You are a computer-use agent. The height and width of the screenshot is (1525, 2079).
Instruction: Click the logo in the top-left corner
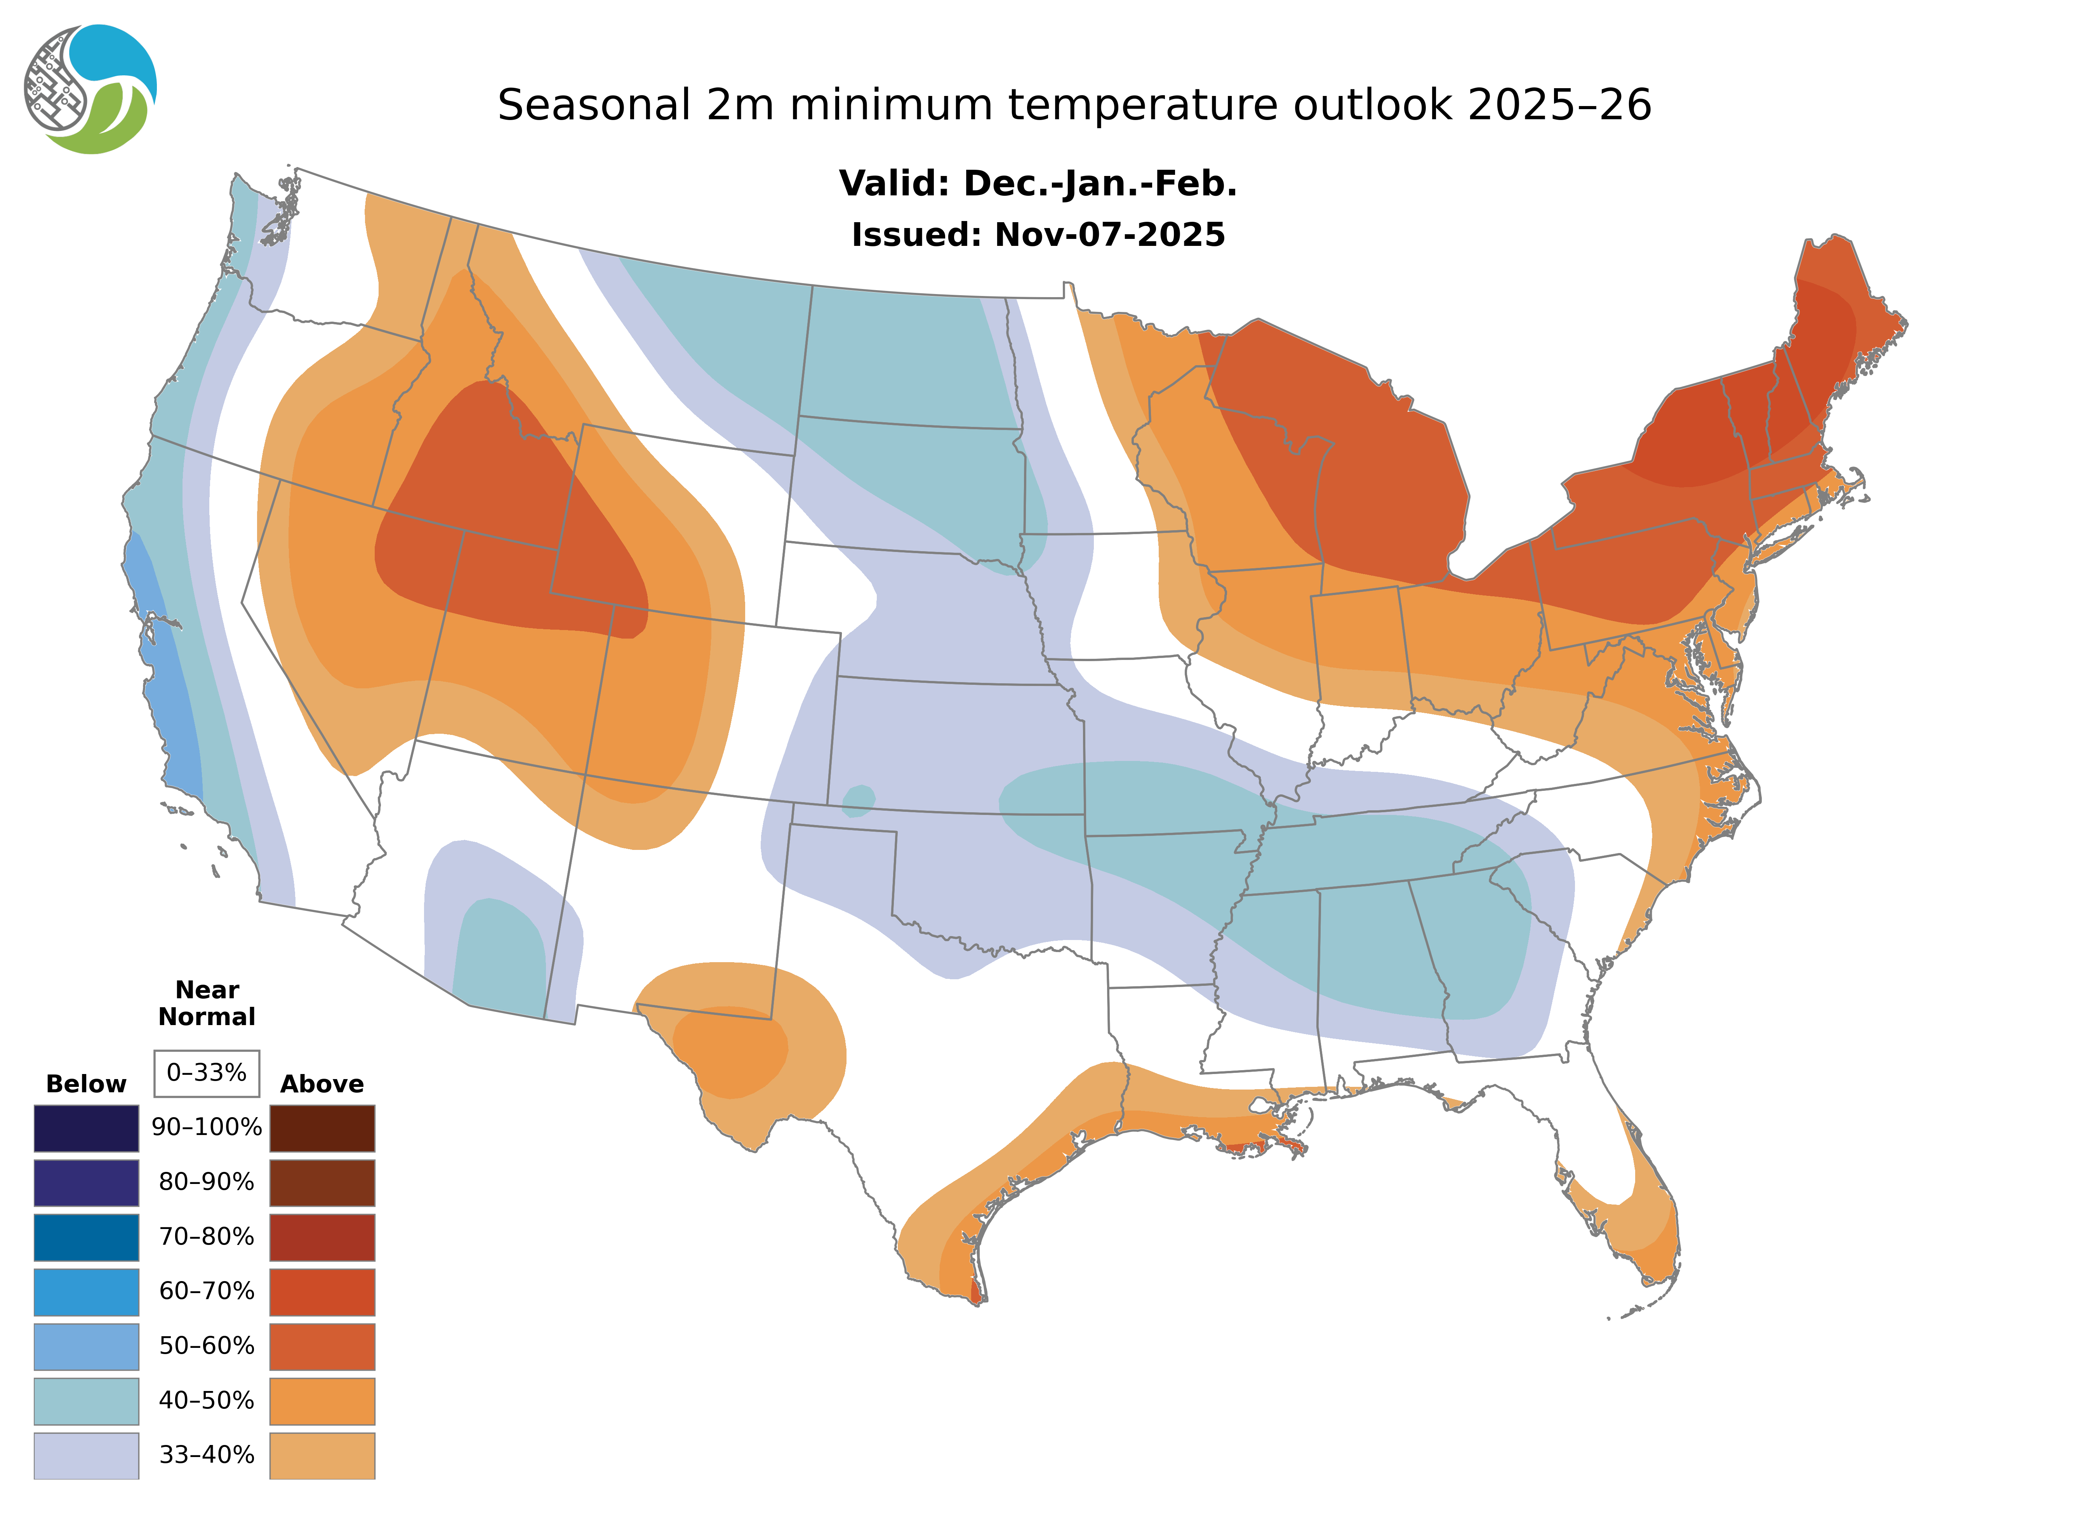click(x=90, y=90)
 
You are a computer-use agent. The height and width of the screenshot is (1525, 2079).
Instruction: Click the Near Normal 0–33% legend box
click(x=207, y=1073)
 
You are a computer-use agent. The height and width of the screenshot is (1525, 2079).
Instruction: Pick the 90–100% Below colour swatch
click(x=86, y=1128)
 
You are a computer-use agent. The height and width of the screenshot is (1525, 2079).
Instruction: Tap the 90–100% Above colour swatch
click(x=322, y=1128)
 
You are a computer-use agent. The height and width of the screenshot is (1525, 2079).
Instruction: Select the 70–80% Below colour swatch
click(x=86, y=1237)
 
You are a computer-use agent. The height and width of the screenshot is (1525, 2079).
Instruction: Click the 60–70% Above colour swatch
click(x=322, y=1292)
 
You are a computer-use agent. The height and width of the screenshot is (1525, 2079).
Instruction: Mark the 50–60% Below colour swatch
click(x=86, y=1346)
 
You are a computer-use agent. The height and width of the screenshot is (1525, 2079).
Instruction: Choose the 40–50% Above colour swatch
click(x=322, y=1400)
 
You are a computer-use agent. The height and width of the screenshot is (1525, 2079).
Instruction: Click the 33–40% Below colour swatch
click(x=86, y=1455)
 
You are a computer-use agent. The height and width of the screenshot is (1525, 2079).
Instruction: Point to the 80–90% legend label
click(x=207, y=1182)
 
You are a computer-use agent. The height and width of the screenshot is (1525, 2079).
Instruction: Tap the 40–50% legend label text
click(x=207, y=1400)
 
